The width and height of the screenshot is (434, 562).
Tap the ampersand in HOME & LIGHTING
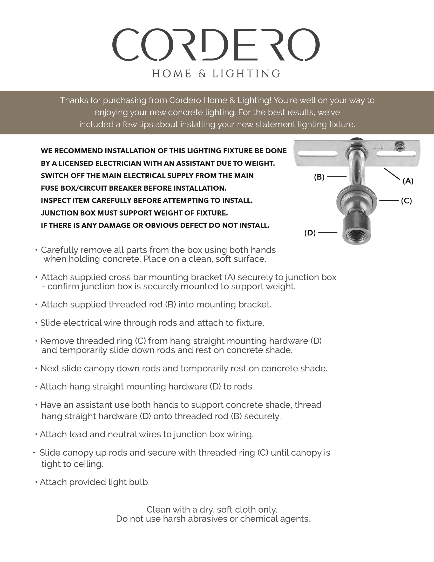point(202,74)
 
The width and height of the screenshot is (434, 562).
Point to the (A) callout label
point(408,181)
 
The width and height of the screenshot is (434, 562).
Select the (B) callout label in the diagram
point(319,177)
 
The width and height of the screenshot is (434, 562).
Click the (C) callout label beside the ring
point(406,201)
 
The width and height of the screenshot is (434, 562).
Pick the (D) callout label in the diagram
point(310,233)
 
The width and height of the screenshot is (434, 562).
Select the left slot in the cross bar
point(317,154)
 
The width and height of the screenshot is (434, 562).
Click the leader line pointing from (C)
point(389,201)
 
